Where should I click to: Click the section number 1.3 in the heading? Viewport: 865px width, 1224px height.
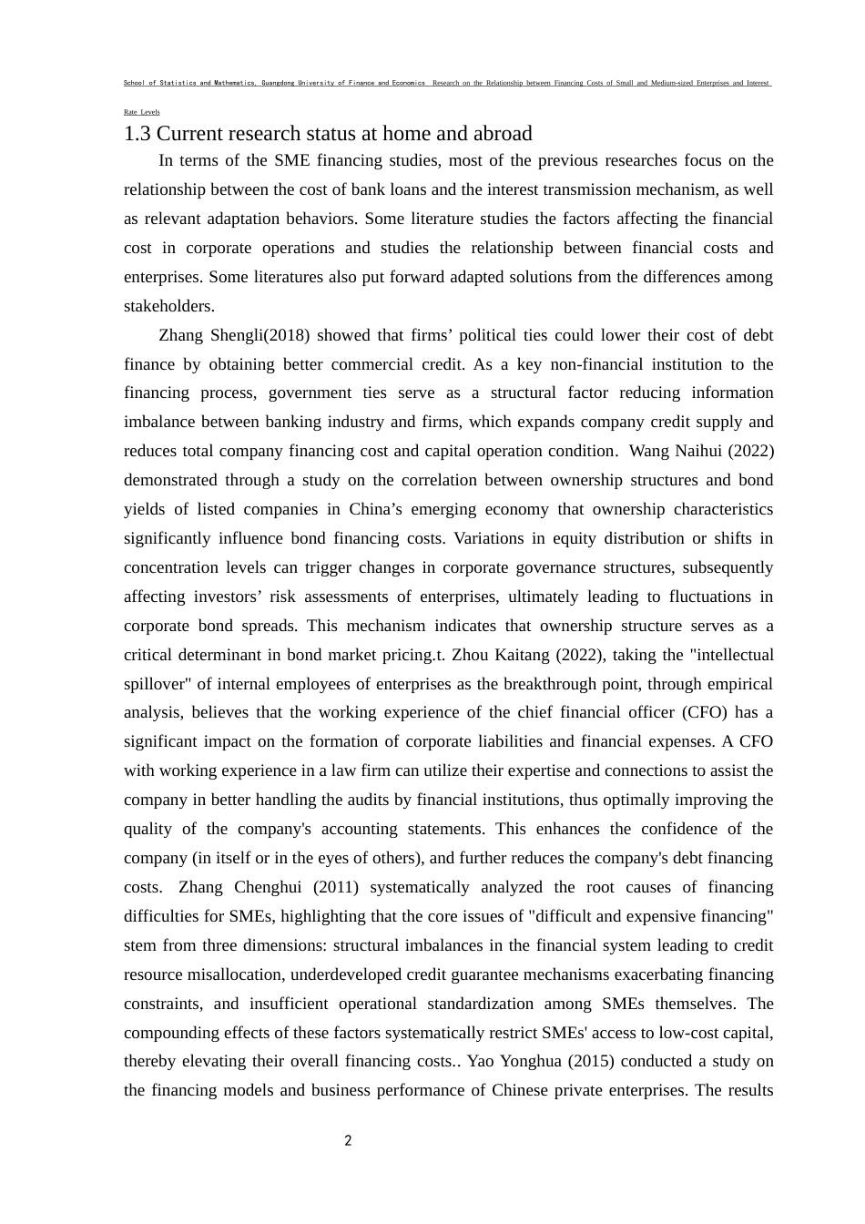pos(137,134)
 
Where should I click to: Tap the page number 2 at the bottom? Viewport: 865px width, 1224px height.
pos(348,1140)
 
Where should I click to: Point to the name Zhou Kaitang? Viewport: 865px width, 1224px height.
pos(502,655)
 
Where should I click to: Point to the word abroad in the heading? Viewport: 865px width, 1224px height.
pos(502,134)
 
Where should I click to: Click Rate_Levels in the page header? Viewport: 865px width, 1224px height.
pos(141,112)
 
